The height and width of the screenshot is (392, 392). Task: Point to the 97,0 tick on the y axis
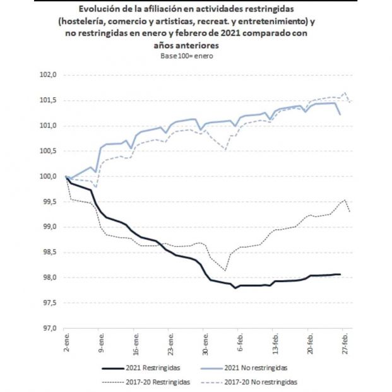point(49,328)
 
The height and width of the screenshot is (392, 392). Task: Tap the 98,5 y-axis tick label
point(49,252)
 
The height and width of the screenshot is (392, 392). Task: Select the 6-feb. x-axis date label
point(238,344)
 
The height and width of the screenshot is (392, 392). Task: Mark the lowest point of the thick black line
point(235,288)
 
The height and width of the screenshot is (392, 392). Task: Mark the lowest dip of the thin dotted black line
point(225,270)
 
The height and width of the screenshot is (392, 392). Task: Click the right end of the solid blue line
point(341,114)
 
